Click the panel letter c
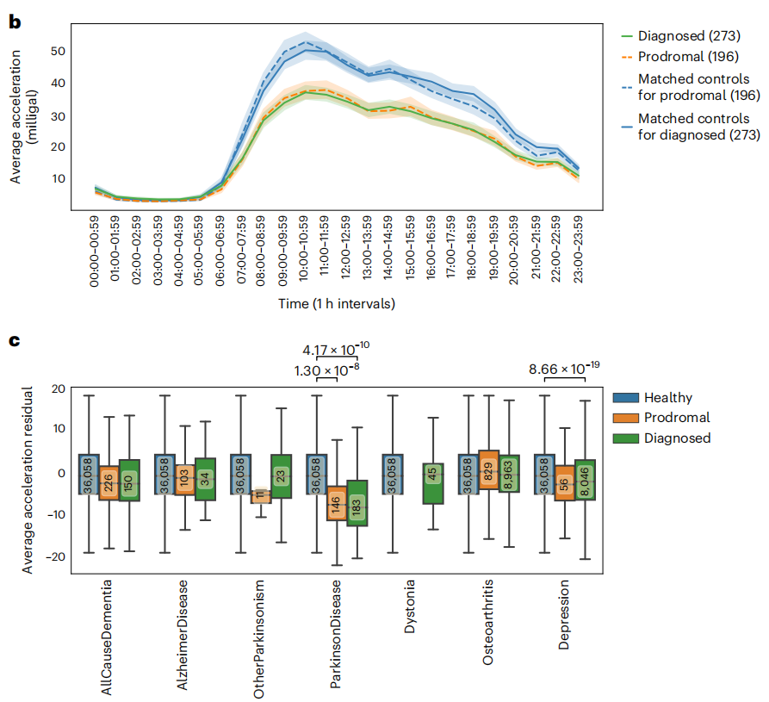coord(14,340)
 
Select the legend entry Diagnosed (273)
coord(680,36)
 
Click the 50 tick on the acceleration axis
coord(58,51)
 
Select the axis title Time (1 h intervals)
coord(337,303)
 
